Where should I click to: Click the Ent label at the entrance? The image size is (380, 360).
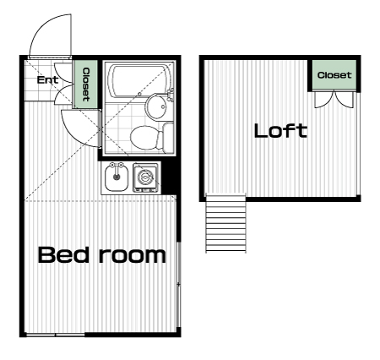[47, 80]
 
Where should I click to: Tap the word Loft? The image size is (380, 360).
[280, 131]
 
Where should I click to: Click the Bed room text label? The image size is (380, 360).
[102, 254]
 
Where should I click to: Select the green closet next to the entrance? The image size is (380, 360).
[85, 84]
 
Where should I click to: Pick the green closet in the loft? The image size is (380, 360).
[334, 74]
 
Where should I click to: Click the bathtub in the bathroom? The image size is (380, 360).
[139, 81]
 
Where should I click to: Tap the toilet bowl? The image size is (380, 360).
[144, 138]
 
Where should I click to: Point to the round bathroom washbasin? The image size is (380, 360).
[156, 106]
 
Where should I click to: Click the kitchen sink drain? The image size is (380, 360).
[117, 177]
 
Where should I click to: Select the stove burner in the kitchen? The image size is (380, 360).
[145, 177]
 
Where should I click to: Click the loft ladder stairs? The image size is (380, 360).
[225, 223]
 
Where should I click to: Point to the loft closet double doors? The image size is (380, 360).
[334, 100]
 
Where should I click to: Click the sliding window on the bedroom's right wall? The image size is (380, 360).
[178, 285]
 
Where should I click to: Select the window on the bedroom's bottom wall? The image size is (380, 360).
[55, 335]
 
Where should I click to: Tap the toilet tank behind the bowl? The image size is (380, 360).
[168, 138]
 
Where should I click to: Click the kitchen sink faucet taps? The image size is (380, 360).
[117, 165]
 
